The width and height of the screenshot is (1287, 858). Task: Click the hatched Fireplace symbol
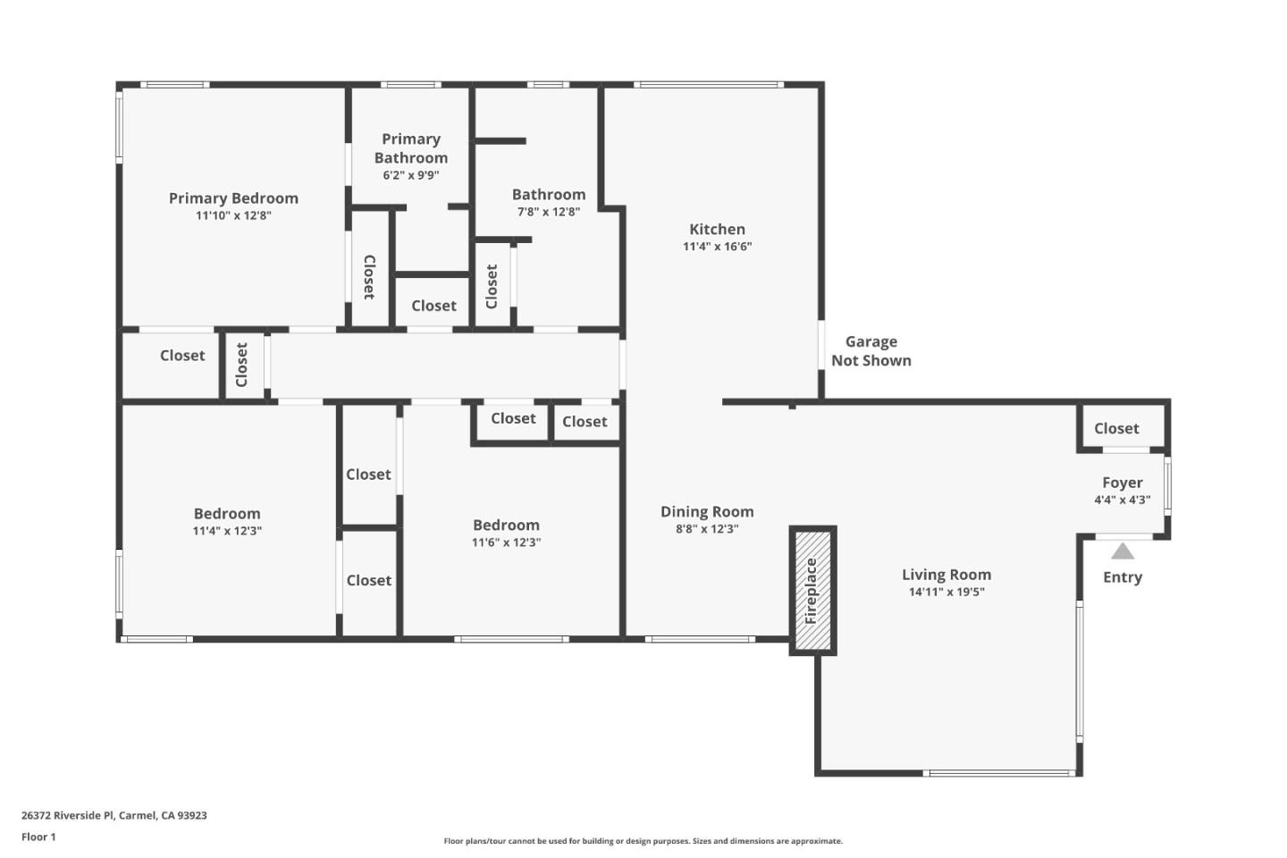tap(812, 590)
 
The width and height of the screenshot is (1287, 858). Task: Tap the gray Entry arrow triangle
tap(1123, 551)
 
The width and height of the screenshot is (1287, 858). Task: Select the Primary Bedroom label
tap(233, 198)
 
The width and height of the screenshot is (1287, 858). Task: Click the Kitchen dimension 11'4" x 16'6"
tap(717, 247)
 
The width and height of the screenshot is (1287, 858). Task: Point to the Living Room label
tap(946, 575)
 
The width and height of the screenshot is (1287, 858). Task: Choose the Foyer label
tap(1122, 483)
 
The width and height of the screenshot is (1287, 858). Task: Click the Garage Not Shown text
tap(871, 351)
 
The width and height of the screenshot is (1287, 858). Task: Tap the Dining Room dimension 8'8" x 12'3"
tap(706, 529)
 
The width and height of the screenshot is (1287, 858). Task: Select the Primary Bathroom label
tap(410, 148)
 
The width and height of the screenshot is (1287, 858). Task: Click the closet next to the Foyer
tap(1116, 429)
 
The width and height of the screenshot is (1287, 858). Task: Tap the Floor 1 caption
tap(38, 837)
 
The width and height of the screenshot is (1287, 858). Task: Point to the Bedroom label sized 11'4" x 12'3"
tap(227, 514)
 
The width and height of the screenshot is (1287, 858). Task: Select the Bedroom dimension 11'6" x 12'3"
tap(506, 543)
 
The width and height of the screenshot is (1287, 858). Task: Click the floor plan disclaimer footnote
tap(643, 841)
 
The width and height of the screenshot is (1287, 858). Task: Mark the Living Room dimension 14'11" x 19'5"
tap(946, 592)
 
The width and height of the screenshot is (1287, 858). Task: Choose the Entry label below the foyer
tap(1122, 577)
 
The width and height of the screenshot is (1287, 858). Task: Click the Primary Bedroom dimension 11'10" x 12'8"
tap(233, 215)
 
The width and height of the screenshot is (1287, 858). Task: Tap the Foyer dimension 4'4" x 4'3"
tap(1122, 500)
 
